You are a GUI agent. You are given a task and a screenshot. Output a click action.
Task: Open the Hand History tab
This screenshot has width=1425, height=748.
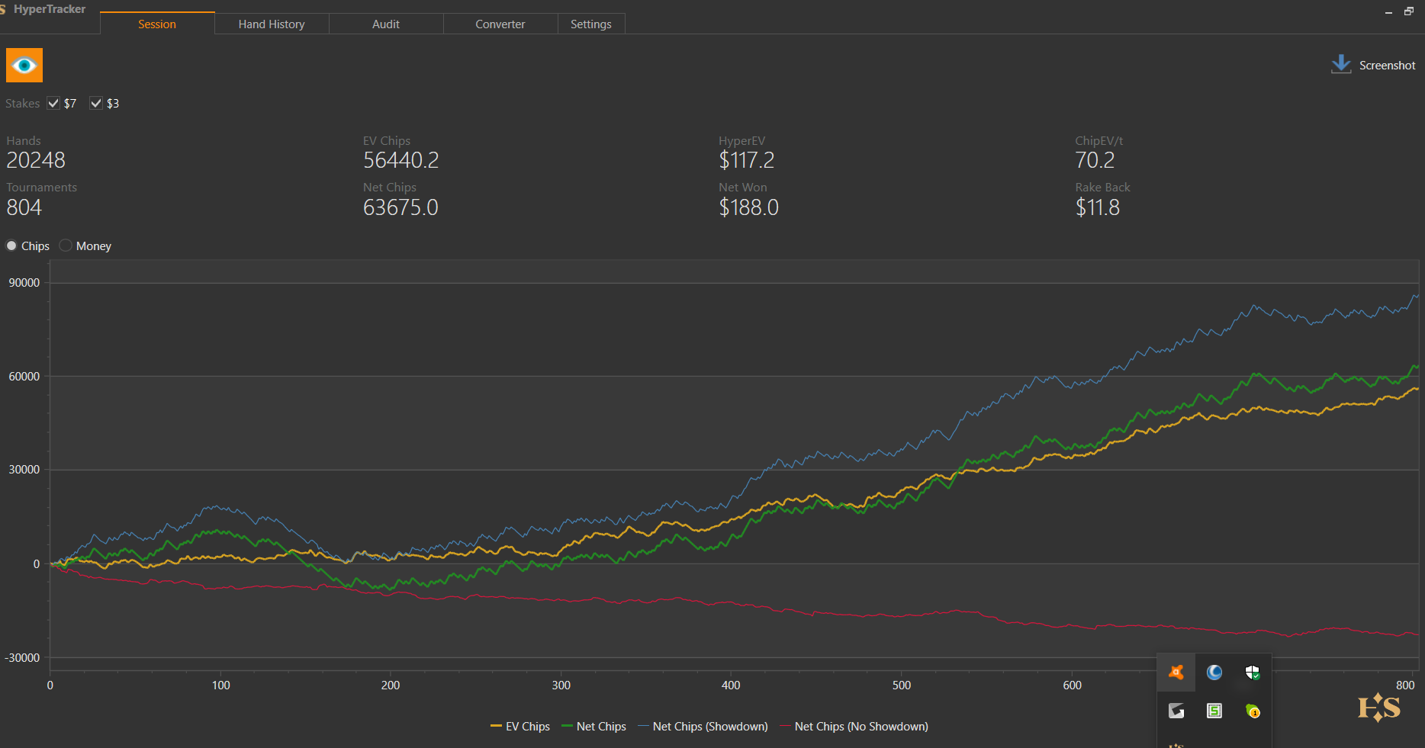click(x=272, y=24)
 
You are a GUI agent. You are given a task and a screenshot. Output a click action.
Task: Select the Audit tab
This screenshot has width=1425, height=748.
click(x=386, y=24)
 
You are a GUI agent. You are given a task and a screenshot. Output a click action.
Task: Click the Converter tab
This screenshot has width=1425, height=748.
click(x=500, y=24)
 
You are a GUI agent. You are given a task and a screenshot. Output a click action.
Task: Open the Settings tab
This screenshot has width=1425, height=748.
click(x=591, y=24)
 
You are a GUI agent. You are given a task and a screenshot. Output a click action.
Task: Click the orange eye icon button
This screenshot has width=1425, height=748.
click(x=24, y=66)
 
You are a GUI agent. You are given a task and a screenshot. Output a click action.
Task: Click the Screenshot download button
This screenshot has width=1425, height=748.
click(x=1373, y=66)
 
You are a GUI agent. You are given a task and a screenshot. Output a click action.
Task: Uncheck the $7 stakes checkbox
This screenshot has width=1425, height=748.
click(x=53, y=104)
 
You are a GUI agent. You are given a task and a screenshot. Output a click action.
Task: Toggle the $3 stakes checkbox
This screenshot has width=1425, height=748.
click(x=96, y=104)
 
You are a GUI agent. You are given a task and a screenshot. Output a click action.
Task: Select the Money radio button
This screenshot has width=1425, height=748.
click(x=66, y=246)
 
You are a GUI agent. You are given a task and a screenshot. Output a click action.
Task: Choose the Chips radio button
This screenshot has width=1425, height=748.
click(x=11, y=246)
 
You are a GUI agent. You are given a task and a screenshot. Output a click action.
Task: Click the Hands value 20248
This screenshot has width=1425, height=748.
click(x=36, y=160)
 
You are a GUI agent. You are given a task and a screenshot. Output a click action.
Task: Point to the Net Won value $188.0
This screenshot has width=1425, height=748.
click(x=748, y=207)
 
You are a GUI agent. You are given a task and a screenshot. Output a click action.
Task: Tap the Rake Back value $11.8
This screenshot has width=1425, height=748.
click(x=1097, y=207)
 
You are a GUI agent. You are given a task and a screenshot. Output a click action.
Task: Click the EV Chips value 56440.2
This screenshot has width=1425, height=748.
click(x=400, y=160)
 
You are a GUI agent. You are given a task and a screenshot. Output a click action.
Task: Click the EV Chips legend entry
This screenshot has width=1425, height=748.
click(x=520, y=727)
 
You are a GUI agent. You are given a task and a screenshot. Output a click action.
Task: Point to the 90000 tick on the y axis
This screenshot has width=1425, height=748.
click(x=24, y=283)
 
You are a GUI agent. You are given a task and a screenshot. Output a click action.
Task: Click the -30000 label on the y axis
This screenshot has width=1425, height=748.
click(x=23, y=658)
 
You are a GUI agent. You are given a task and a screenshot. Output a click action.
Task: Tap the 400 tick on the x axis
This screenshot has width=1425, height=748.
click(x=731, y=685)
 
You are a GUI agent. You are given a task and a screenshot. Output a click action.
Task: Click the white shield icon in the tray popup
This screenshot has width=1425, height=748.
click(x=1252, y=673)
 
